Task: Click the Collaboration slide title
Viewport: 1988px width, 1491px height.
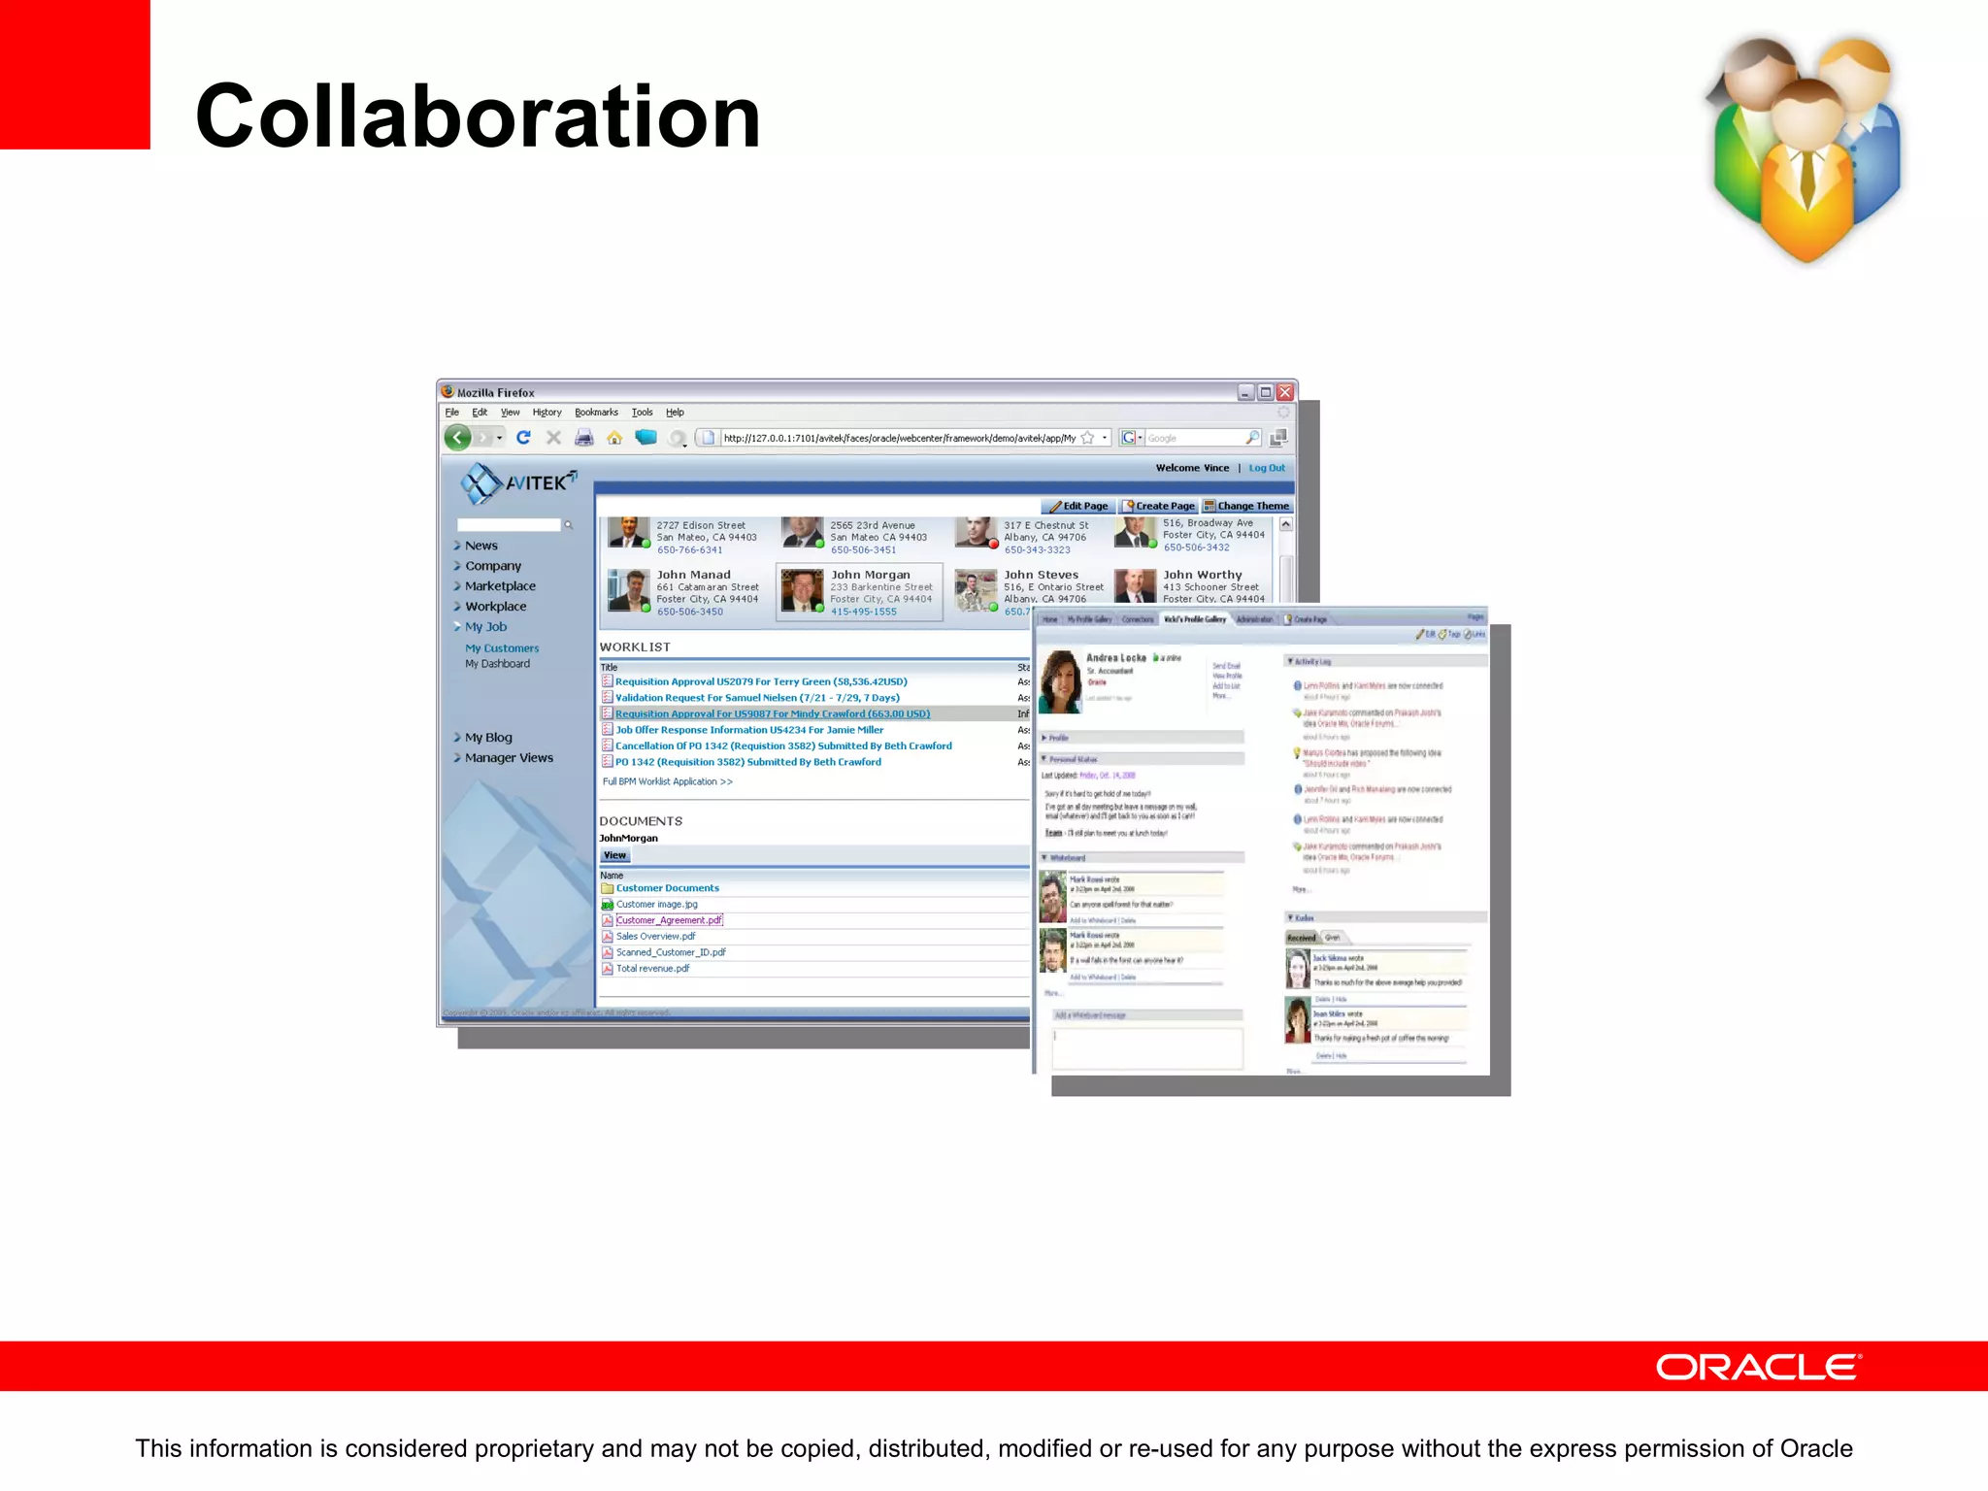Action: [x=478, y=116]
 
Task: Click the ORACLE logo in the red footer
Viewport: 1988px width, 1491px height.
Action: [x=1758, y=1367]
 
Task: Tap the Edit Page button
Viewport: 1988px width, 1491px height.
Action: [x=1078, y=506]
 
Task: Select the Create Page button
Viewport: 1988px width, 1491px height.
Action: [x=1159, y=506]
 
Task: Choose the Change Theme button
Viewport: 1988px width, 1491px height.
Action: [x=1247, y=506]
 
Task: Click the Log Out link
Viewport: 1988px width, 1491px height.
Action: [x=1266, y=468]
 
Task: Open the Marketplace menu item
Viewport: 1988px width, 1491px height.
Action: [x=500, y=586]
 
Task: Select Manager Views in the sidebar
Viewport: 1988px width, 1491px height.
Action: [x=509, y=758]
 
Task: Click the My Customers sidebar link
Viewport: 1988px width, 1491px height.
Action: [x=502, y=648]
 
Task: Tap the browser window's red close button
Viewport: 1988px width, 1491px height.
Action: [x=1285, y=392]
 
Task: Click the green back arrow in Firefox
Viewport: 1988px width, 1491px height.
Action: [x=458, y=438]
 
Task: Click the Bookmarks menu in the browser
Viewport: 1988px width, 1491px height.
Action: [x=596, y=413]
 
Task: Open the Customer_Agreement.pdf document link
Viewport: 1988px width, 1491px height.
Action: [x=669, y=920]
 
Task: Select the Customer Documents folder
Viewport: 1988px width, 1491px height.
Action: [x=667, y=888]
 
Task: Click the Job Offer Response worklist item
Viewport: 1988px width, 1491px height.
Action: [x=749, y=730]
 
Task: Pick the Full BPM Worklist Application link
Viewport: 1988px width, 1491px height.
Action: [x=667, y=781]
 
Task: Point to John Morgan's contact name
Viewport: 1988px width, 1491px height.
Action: [x=871, y=575]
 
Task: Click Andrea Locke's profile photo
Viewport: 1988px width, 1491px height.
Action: [x=1060, y=681]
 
